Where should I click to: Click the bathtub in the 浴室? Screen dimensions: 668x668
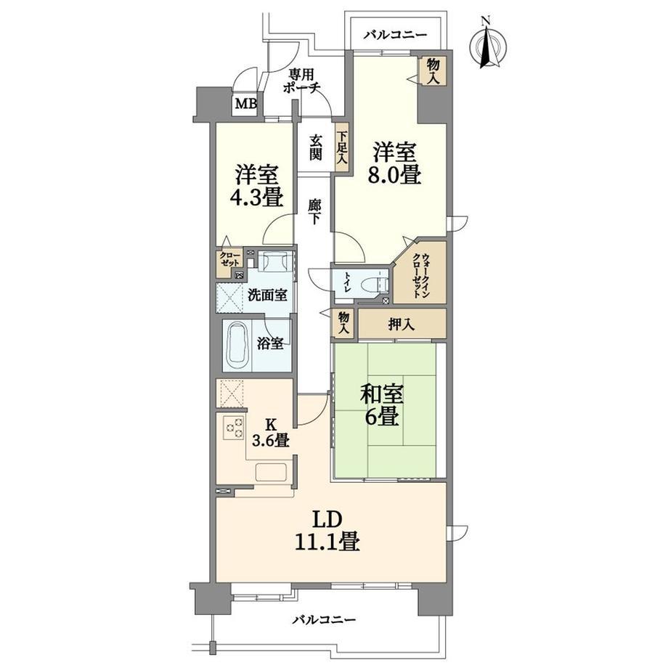[238, 345]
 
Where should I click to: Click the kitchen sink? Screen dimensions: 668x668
[271, 472]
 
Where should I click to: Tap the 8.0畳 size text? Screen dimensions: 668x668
[394, 176]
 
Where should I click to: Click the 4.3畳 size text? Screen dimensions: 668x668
[257, 197]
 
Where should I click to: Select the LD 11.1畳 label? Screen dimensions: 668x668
[327, 531]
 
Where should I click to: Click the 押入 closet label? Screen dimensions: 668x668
[401, 325]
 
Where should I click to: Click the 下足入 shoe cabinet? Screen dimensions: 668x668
[342, 147]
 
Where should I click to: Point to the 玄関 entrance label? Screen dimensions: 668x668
[315, 147]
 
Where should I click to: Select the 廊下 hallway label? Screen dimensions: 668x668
[315, 212]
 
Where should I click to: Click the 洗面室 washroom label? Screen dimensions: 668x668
[267, 295]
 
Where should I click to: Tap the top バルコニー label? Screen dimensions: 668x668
[395, 35]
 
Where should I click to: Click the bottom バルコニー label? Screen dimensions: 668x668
[324, 619]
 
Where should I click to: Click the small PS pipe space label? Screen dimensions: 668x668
[240, 275]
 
